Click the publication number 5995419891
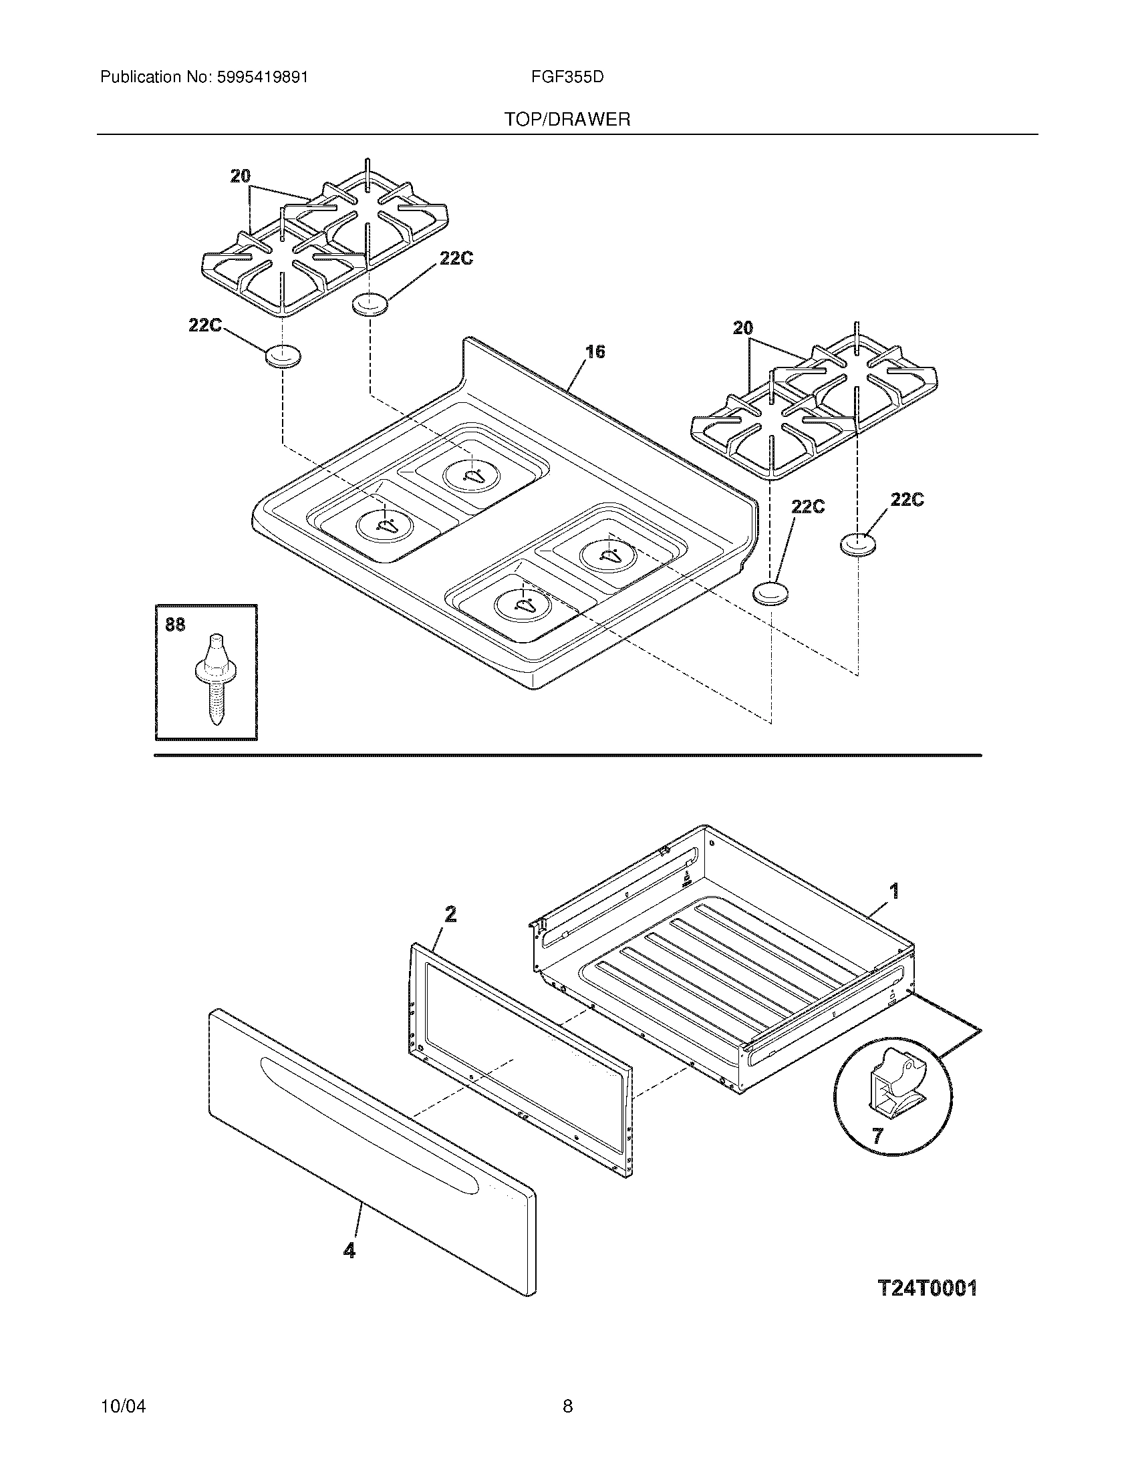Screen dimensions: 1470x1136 [x=263, y=78]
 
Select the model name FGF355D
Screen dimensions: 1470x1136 [x=567, y=78]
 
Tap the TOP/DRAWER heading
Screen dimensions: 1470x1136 [x=567, y=120]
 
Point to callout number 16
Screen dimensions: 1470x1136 [x=595, y=351]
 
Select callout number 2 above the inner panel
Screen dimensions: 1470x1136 [x=450, y=914]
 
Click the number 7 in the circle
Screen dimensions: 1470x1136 [x=877, y=1136]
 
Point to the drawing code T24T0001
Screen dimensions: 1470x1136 [x=928, y=1288]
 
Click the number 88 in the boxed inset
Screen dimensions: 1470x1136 [x=175, y=625]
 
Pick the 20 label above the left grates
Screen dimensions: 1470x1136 [x=241, y=176]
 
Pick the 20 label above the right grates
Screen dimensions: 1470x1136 [x=742, y=328]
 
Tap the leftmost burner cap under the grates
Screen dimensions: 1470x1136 [x=282, y=356]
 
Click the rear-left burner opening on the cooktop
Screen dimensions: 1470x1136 [x=472, y=475]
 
